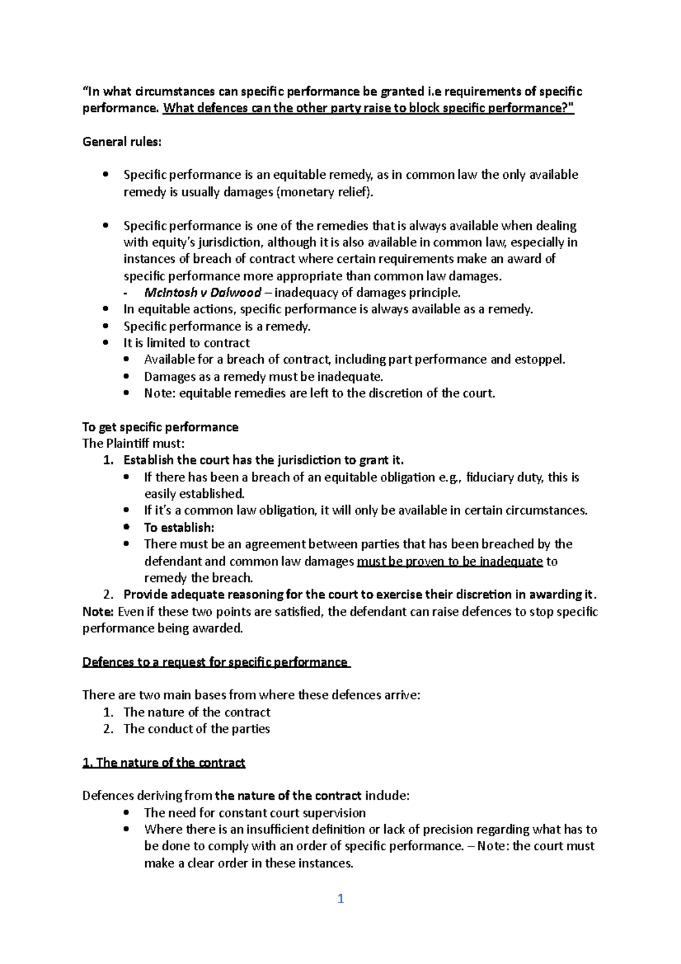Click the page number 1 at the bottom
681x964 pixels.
(x=340, y=899)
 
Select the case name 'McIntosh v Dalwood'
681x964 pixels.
(x=203, y=293)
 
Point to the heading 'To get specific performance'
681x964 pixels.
(x=161, y=427)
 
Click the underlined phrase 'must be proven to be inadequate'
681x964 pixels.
(x=450, y=561)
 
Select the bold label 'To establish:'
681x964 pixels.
(x=179, y=527)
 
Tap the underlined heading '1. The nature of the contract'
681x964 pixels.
(x=163, y=762)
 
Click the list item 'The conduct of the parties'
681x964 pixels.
(x=196, y=728)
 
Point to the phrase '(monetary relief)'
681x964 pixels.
(x=325, y=192)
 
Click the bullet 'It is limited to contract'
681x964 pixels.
(x=187, y=343)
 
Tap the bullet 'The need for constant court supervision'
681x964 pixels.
(x=255, y=812)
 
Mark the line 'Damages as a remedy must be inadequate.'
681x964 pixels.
(x=264, y=376)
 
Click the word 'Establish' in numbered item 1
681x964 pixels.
(x=149, y=460)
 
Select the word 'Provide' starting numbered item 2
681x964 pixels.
(x=145, y=594)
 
